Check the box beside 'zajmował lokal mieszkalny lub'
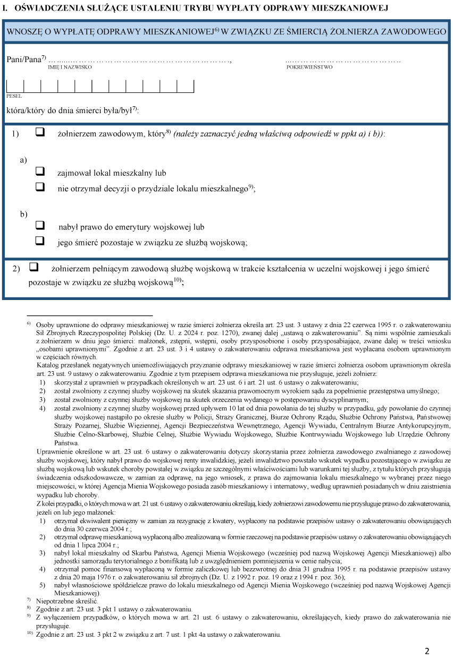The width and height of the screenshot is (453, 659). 39,172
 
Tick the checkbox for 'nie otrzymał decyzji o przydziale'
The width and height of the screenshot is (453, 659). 39,187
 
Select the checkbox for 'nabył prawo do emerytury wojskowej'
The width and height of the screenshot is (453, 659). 39,226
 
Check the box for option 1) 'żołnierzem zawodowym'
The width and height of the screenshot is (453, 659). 39,133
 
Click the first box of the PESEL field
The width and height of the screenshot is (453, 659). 15,86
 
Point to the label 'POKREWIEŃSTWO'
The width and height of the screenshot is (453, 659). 309,67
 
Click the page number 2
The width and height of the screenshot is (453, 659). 426,651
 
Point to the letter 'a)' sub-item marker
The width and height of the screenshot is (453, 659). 23,160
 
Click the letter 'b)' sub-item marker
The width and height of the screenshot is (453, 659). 23,213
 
